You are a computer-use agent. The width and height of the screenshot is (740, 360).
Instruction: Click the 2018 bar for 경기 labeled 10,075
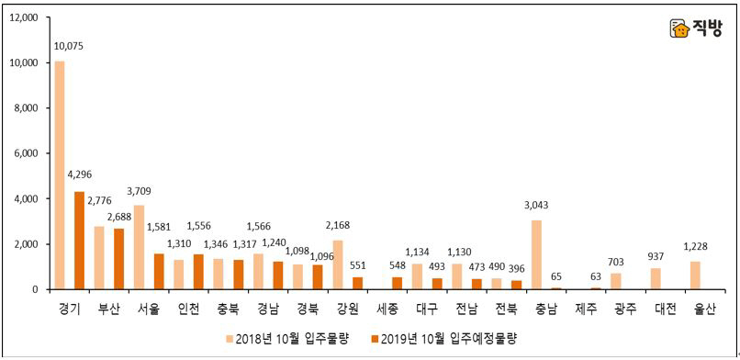pyautogui.click(x=60, y=174)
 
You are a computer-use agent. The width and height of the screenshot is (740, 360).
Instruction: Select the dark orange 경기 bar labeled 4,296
pyautogui.click(x=79, y=241)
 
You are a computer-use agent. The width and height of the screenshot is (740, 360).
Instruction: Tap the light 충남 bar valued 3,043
pyautogui.click(x=536, y=254)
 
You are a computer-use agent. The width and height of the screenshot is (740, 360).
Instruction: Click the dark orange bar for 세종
pyautogui.click(x=396, y=283)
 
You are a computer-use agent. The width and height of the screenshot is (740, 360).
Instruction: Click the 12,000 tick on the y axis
pyautogui.click(x=22, y=18)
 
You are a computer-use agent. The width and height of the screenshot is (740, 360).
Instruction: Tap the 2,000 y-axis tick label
pyautogui.click(x=25, y=244)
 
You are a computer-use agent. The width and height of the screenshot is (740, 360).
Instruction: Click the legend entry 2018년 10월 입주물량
pyautogui.click(x=289, y=339)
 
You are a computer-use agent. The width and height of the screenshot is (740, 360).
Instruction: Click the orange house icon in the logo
pyautogui.click(x=678, y=29)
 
